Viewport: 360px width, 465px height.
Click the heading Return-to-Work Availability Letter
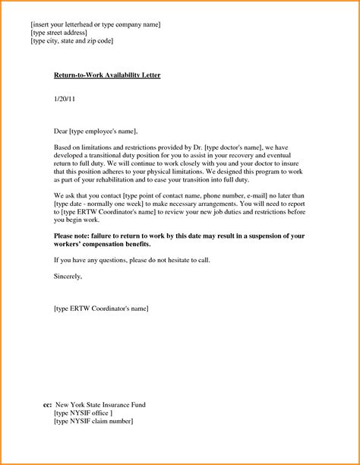[x=107, y=77]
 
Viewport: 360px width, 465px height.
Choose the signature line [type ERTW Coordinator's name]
[x=102, y=309]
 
